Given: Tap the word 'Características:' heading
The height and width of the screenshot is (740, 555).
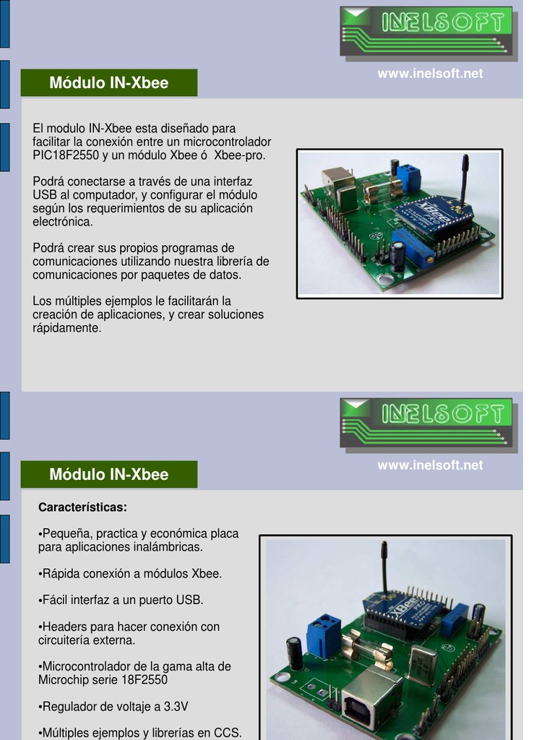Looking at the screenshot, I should (82, 507).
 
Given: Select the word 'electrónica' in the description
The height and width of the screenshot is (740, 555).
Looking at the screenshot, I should (63, 222).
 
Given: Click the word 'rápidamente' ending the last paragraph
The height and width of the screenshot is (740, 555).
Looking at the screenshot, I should (66, 328).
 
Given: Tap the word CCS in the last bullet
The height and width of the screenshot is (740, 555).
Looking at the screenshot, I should (225, 733).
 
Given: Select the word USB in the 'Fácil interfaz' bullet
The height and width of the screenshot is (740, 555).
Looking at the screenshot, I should (189, 600).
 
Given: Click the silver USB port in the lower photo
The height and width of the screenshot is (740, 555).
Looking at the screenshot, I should (371, 699).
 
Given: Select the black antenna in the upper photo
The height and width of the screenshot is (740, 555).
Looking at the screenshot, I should (465, 177).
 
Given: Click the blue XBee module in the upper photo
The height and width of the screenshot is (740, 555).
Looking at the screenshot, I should (432, 214).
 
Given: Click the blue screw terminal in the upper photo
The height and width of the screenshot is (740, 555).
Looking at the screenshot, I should (409, 177).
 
